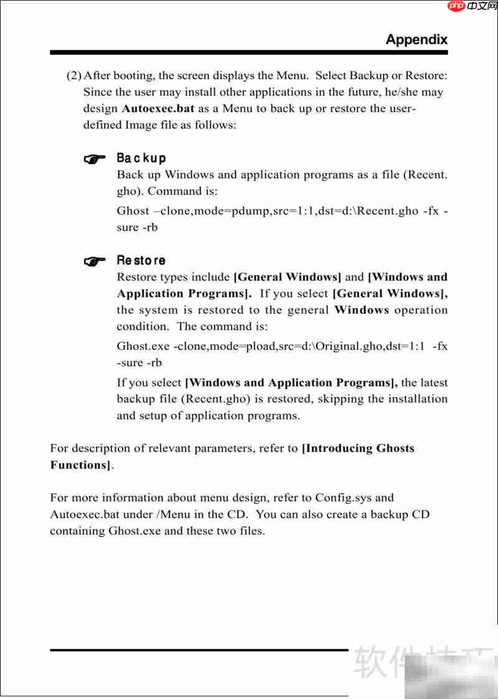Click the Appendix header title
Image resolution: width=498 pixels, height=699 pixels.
click(x=416, y=39)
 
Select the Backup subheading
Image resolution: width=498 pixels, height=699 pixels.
click(x=141, y=158)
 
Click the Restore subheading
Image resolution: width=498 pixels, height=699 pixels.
click(x=141, y=260)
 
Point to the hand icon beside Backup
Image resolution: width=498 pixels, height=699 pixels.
click(x=94, y=159)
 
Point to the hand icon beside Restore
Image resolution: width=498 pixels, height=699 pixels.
click(x=94, y=261)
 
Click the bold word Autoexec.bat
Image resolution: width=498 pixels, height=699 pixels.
click(x=158, y=108)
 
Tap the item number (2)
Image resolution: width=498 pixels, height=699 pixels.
click(x=74, y=76)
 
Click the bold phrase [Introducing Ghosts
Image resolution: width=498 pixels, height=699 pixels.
click(x=357, y=448)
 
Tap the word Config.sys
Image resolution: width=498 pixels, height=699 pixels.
click(x=345, y=498)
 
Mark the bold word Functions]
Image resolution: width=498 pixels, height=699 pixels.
click(x=82, y=465)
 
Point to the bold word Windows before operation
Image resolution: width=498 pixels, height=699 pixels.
click(x=362, y=310)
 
